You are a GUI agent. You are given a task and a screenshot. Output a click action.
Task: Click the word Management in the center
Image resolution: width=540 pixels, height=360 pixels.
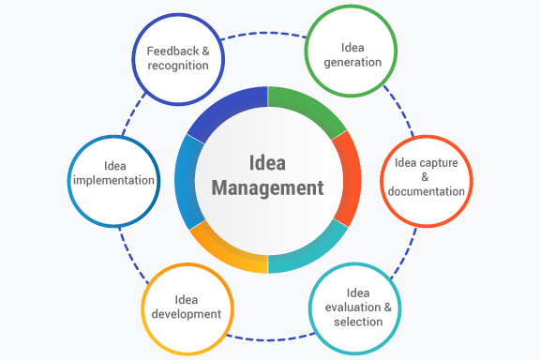click(267, 187)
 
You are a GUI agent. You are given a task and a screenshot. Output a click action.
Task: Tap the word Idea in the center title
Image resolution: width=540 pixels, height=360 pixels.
click(268, 161)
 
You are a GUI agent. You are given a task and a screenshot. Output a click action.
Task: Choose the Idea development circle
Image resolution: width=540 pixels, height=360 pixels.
click(187, 306)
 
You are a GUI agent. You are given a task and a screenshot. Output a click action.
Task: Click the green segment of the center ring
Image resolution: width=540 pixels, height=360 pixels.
click(311, 108)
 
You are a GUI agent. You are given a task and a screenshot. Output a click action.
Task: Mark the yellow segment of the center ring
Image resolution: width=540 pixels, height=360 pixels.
click(225, 250)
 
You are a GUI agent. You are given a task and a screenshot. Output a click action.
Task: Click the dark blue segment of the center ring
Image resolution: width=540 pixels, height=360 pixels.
click(225, 109)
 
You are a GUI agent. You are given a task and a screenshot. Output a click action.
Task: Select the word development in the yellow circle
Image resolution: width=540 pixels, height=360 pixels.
click(187, 314)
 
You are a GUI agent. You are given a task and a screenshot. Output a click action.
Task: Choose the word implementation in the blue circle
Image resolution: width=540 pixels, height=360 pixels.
click(113, 181)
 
